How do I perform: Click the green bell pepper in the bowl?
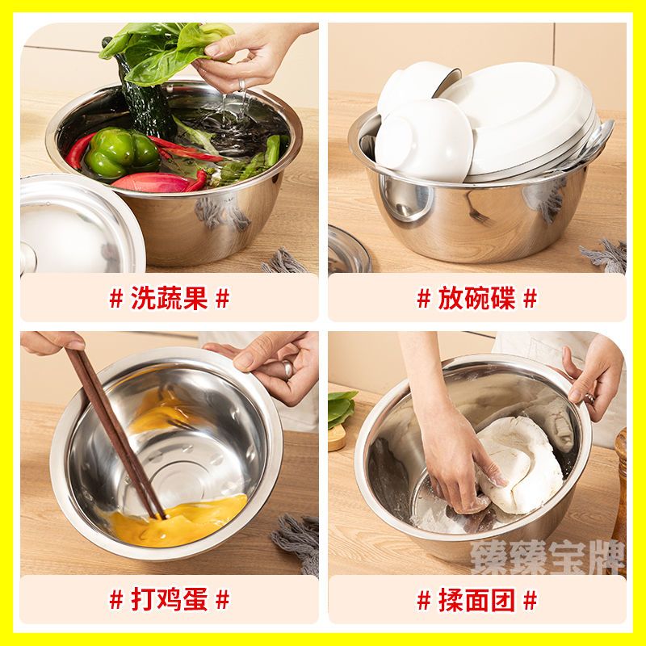tap(122, 152)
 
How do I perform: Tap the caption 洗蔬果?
tap(170, 298)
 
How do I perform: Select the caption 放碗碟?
tap(476, 298)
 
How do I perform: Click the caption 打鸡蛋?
tap(170, 599)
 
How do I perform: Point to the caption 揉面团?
tap(476, 600)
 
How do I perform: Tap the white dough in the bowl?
tap(521, 466)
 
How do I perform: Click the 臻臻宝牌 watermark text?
tap(548, 557)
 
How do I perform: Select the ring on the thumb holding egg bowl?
tap(287, 370)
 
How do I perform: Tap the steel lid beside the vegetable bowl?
tap(80, 224)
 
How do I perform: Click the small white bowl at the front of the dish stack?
tap(425, 142)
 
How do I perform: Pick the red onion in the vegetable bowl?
tap(150, 183)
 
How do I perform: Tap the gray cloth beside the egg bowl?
tap(297, 539)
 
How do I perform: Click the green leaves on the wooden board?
tap(342, 408)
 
